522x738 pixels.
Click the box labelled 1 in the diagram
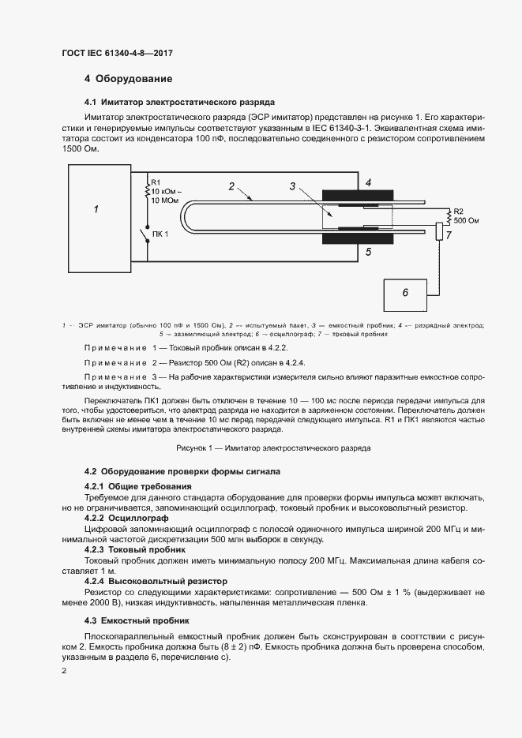pos(96,210)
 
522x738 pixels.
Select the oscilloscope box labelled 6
pos(405,293)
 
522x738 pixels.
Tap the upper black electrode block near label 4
pos(357,195)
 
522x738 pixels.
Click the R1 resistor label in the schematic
pos(156,182)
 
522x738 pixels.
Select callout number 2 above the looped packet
pos(231,186)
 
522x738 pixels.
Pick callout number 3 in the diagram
pos(292,186)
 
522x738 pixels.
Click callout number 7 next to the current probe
pos(448,235)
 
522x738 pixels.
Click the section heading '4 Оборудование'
pos(128,79)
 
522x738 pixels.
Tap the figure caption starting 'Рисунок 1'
pos(273,448)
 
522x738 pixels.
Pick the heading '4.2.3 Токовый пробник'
pos(123,549)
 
